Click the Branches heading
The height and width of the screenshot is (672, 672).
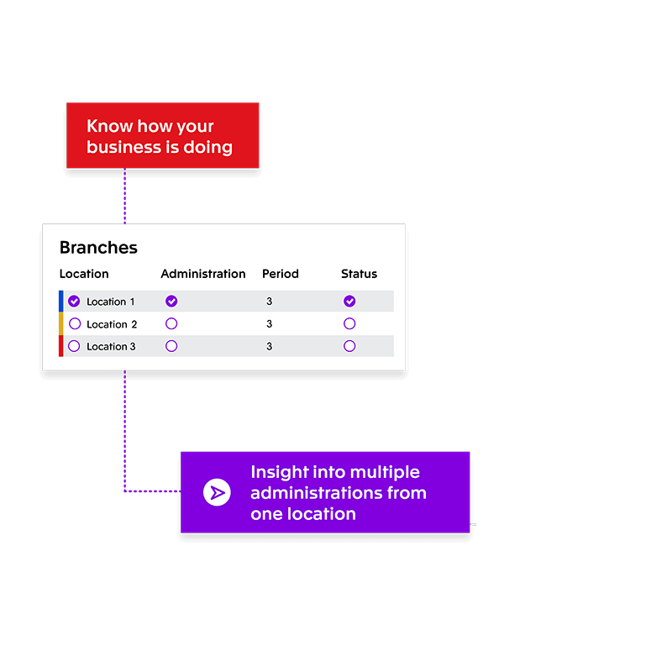(x=98, y=248)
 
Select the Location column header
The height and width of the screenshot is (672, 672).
(x=84, y=274)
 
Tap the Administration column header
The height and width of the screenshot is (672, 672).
(x=203, y=274)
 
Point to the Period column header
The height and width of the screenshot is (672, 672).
(x=281, y=274)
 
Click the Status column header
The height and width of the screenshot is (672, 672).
(x=360, y=274)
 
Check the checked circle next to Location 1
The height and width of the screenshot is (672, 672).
(x=74, y=302)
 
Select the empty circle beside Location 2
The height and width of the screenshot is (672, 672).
(x=75, y=323)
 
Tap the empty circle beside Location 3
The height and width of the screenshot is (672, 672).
(x=74, y=346)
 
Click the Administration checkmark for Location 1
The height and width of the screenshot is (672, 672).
(x=171, y=302)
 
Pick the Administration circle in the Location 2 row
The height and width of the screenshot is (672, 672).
(x=171, y=323)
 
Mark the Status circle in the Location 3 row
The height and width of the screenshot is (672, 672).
(x=349, y=346)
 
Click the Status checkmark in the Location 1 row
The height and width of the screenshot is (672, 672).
(x=349, y=302)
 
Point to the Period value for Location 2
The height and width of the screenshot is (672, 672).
(x=269, y=324)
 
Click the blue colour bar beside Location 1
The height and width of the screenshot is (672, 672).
(x=60, y=302)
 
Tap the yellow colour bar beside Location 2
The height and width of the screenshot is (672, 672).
(x=60, y=323)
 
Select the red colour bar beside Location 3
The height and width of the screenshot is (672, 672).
(x=60, y=346)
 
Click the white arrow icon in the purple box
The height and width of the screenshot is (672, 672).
(x=217, y=492)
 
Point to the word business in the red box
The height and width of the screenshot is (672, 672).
(x=123, y=147)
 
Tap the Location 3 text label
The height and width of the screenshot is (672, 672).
(x=111, y=346)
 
